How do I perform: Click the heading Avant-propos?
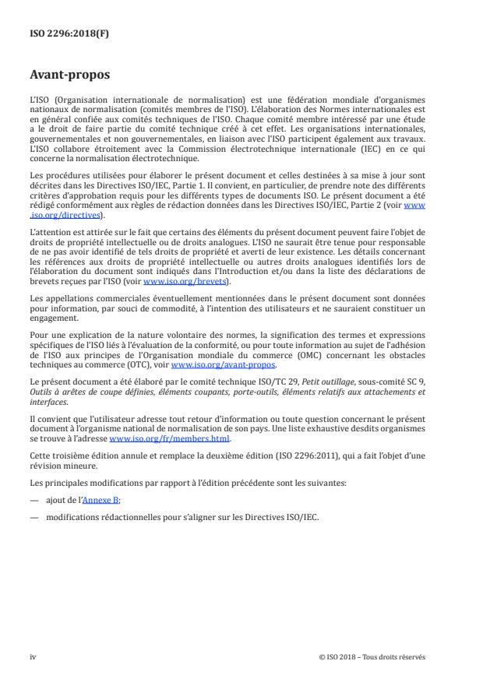(70, 76)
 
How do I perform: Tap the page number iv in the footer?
(33, 656)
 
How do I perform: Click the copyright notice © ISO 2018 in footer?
(372, 656)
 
